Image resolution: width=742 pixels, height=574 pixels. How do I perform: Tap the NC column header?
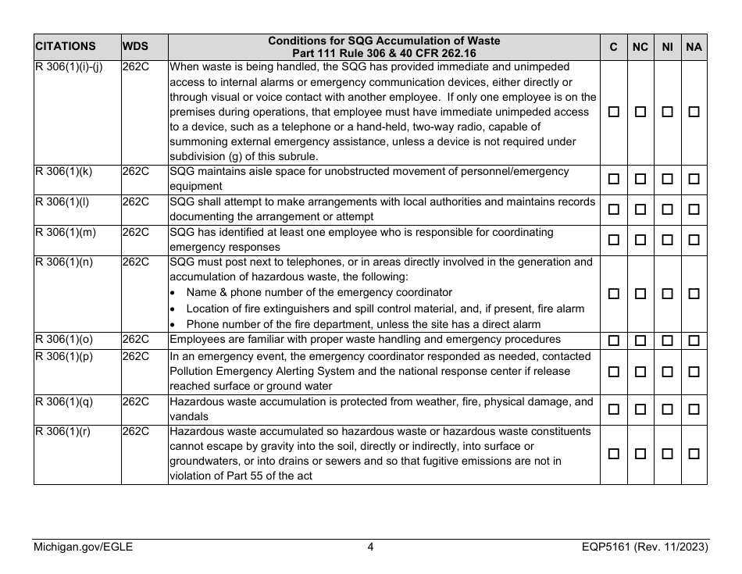[640, 47]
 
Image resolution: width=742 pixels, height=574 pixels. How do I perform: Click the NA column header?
[694, 47]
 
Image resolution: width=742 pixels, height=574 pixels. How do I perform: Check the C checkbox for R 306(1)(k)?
[614, 180]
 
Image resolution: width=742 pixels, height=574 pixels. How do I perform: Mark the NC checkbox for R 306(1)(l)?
[640, 210]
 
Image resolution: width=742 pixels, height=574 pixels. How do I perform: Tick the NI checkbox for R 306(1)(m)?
[667, 240]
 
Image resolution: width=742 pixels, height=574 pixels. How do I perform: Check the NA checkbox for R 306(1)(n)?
[694, 294]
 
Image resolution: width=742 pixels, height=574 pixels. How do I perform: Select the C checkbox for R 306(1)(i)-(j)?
[614, 112]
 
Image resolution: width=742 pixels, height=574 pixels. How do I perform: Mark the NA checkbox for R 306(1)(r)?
[694, 454]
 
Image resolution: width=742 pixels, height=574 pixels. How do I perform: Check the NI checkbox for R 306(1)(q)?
[667, 409]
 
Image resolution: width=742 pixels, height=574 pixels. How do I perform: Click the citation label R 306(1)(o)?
[64, 340]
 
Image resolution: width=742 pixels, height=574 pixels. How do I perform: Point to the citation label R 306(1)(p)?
[64, 356]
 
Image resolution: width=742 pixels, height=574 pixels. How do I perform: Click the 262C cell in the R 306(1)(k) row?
[135, 171]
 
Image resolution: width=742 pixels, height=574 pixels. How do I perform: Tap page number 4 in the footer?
[370, 547]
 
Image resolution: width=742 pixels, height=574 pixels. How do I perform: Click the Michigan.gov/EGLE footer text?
[83, 547]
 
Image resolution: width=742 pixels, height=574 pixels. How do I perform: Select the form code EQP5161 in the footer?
[598, 547]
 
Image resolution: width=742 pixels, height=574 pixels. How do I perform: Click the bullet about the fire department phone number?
[363, 324]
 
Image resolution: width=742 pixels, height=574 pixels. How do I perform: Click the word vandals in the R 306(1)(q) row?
[187, 416]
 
